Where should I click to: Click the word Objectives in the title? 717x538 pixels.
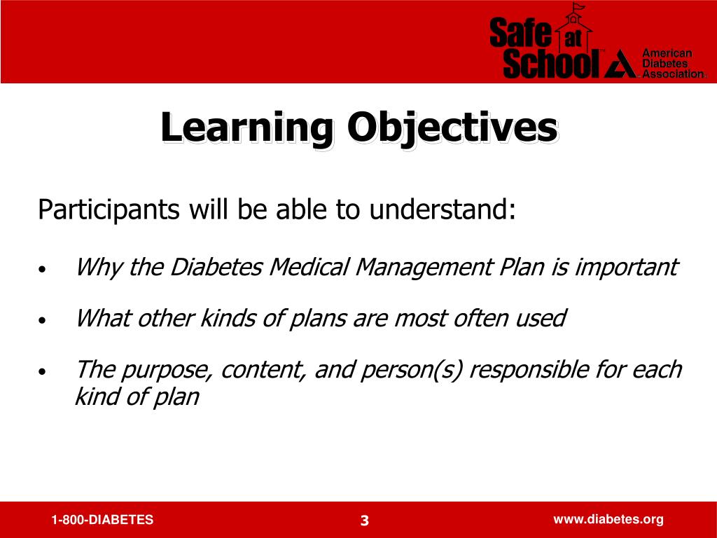point(453,129)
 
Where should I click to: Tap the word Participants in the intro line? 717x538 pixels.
point(110,209)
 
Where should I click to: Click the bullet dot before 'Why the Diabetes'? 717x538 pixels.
point(43,270)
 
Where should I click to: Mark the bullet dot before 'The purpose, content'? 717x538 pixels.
point(43,372)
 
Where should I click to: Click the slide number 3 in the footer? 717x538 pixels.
point(364,520)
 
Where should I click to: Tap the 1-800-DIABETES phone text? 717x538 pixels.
point(102,520)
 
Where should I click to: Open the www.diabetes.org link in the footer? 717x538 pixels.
point(608,519)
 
